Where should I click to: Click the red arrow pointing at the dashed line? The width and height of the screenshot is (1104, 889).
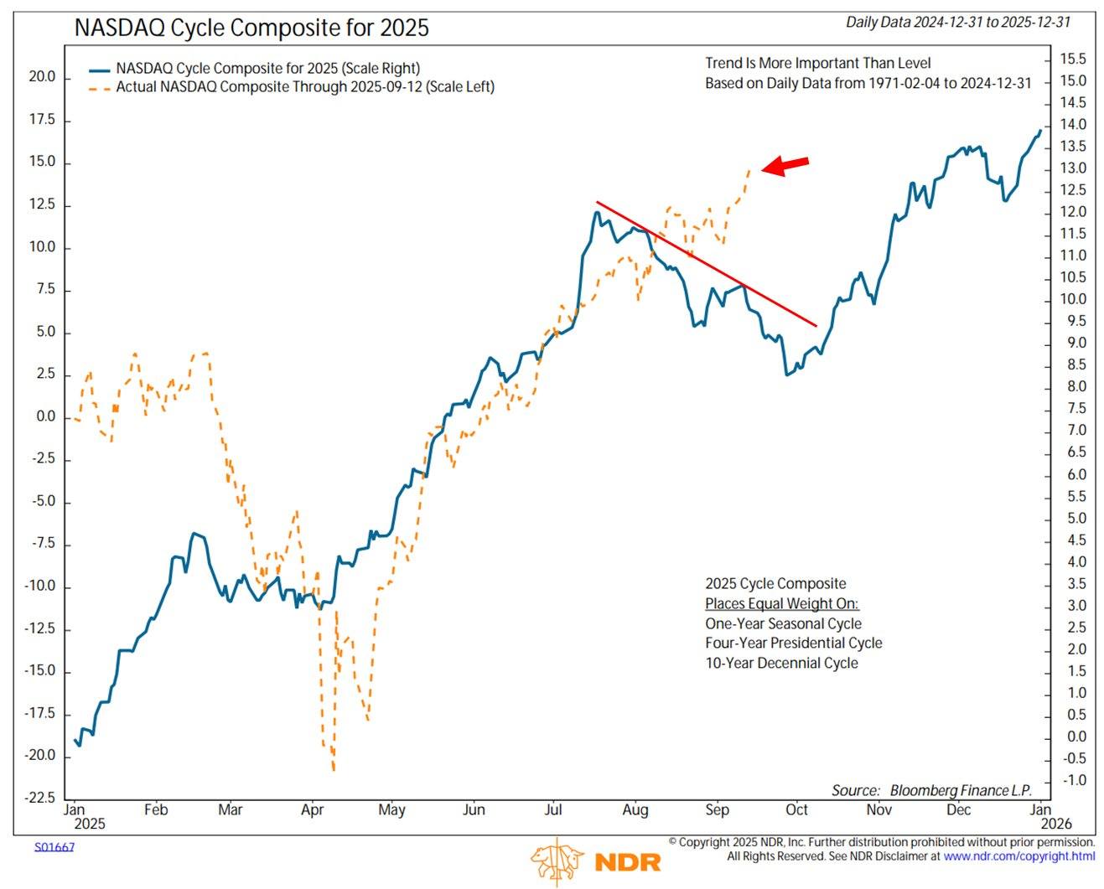(785, 165)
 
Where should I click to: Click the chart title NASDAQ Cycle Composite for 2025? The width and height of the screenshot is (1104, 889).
(251, 28)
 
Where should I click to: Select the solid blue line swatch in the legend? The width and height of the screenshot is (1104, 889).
(100, 69)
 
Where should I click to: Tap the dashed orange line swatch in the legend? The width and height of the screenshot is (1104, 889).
(100, 87)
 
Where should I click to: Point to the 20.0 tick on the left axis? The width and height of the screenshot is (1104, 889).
(42, 77)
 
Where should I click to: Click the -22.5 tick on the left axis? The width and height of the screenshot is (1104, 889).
(40, 798)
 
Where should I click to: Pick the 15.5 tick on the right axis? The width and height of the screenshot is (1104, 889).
(1072, 59)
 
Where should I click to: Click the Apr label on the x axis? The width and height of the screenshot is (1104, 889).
(312, 810)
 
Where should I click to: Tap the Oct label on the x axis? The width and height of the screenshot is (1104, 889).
(796, 810)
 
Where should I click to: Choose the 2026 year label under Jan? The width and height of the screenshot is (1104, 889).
(1055, 824)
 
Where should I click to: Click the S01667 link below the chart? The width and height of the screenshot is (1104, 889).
(54, 847)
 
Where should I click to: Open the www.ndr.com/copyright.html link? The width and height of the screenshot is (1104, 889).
(1018, 856)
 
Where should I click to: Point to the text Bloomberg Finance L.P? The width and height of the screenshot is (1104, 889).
(960, 790)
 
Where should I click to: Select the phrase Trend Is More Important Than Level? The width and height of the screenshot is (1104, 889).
(817, 63)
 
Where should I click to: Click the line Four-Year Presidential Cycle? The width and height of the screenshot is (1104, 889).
(793, 643)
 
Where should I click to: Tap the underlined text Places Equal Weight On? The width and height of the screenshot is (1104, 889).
(781, 604)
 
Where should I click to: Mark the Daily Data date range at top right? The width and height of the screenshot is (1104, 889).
(957, 23)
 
